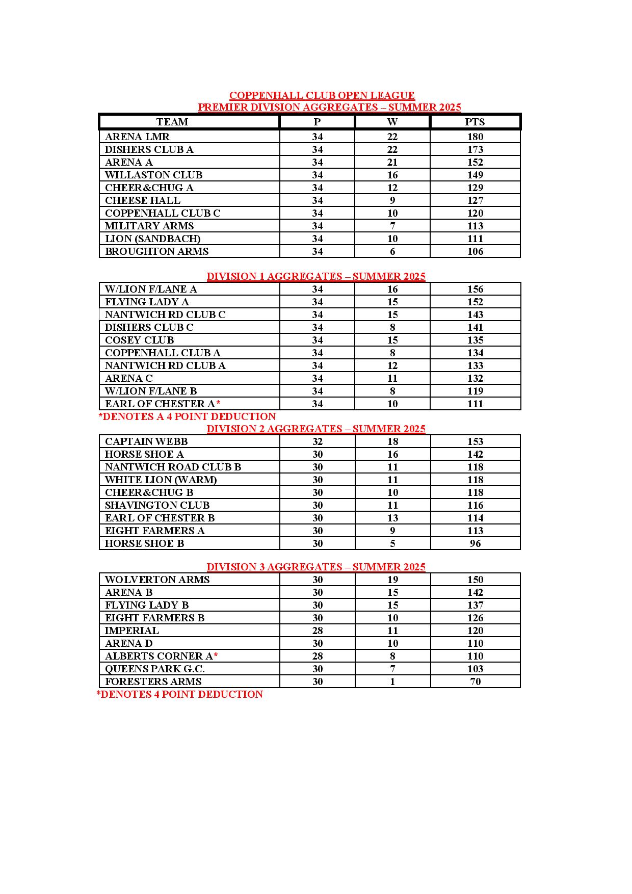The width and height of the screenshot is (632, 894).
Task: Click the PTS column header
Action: point(475,122)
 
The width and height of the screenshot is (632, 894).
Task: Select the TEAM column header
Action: point(172,122)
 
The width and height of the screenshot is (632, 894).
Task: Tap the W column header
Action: point(392,122)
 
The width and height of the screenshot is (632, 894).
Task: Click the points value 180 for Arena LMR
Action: point(475,137)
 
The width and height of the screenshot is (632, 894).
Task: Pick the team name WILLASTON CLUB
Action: point(153,175)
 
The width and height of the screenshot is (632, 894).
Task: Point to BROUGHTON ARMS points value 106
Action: point(475,251)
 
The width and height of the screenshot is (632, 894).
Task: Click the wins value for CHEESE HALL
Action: point(392,200)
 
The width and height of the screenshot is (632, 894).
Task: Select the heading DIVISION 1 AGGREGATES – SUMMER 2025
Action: point(315,276)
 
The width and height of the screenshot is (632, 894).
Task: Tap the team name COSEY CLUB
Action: point(139,340)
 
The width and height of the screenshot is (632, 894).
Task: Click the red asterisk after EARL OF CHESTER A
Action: point(218,403)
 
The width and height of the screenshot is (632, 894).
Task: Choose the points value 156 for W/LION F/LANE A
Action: point(475,289)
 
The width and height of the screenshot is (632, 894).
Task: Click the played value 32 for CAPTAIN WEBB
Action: point(318,441)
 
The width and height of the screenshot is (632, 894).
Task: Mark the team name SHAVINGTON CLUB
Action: point(157,505)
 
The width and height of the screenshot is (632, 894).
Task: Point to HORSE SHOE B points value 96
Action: point(475,543)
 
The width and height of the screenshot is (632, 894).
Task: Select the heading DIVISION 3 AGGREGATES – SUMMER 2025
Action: point(315,567)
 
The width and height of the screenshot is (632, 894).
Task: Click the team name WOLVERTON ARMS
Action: point(157,580)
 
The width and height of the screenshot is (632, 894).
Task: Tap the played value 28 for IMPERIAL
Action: point(318,630)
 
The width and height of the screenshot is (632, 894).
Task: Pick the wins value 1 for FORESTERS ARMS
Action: point(392,681)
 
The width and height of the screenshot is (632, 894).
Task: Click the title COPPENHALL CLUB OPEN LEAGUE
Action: point(322,95)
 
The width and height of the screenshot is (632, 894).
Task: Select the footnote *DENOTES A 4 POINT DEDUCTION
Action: point(187,416)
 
